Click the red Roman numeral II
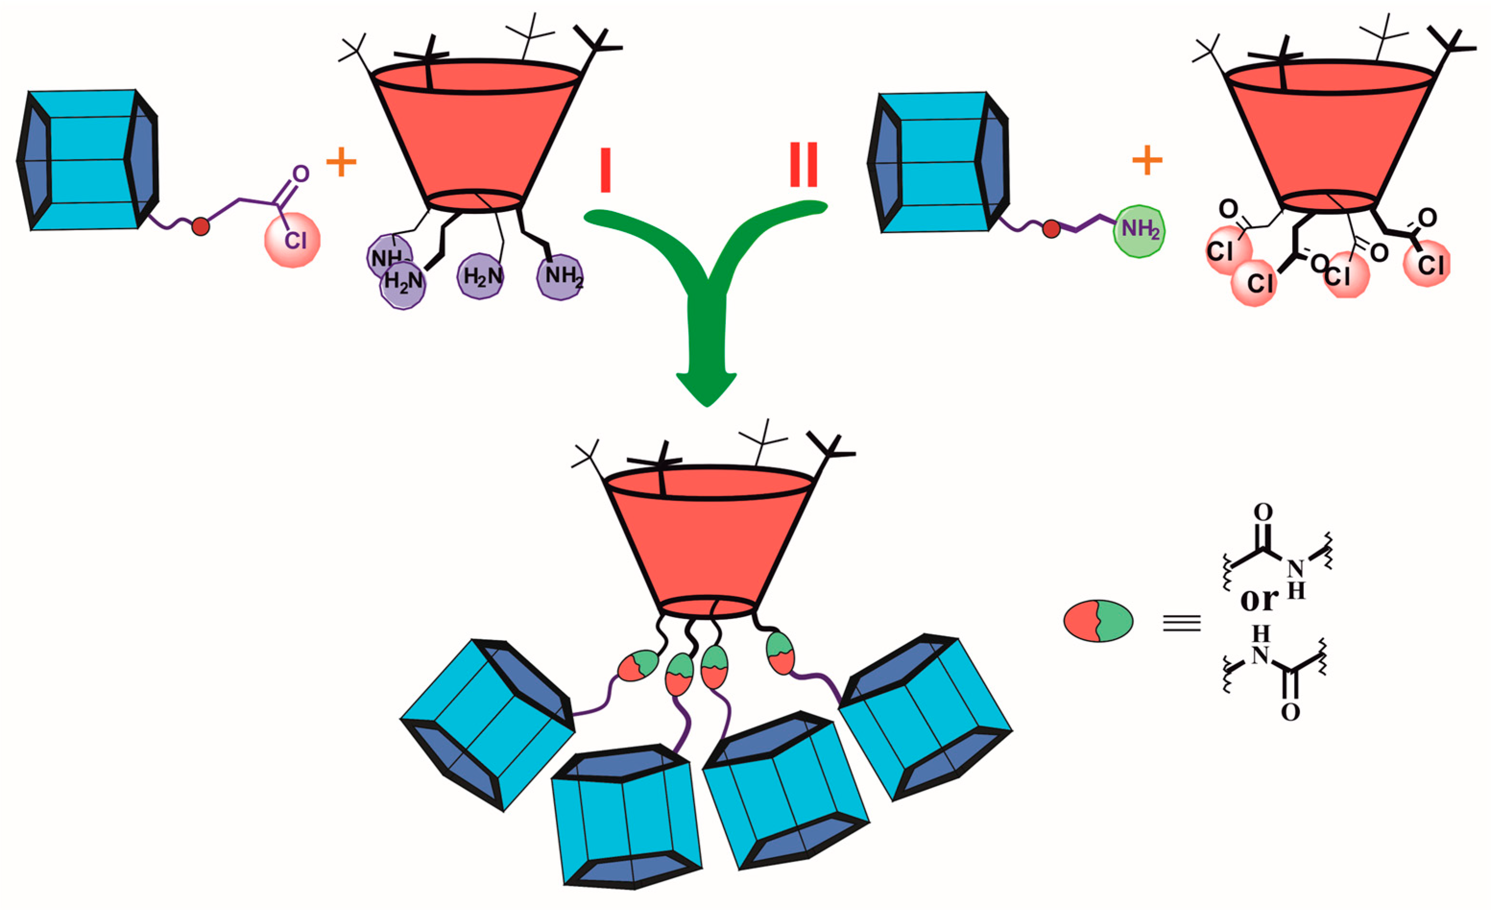click(x=804, y=164)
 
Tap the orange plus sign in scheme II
click(x=1147, y=161)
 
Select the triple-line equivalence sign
click(x=1182, y=623)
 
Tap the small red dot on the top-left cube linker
click(x=201, y=227)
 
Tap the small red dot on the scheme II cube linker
click(x=1052, y=229)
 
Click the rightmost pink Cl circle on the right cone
click(x=1428, y=264)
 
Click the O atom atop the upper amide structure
click(x=1263, y=512)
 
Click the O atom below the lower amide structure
click(x=1289, y=712)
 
